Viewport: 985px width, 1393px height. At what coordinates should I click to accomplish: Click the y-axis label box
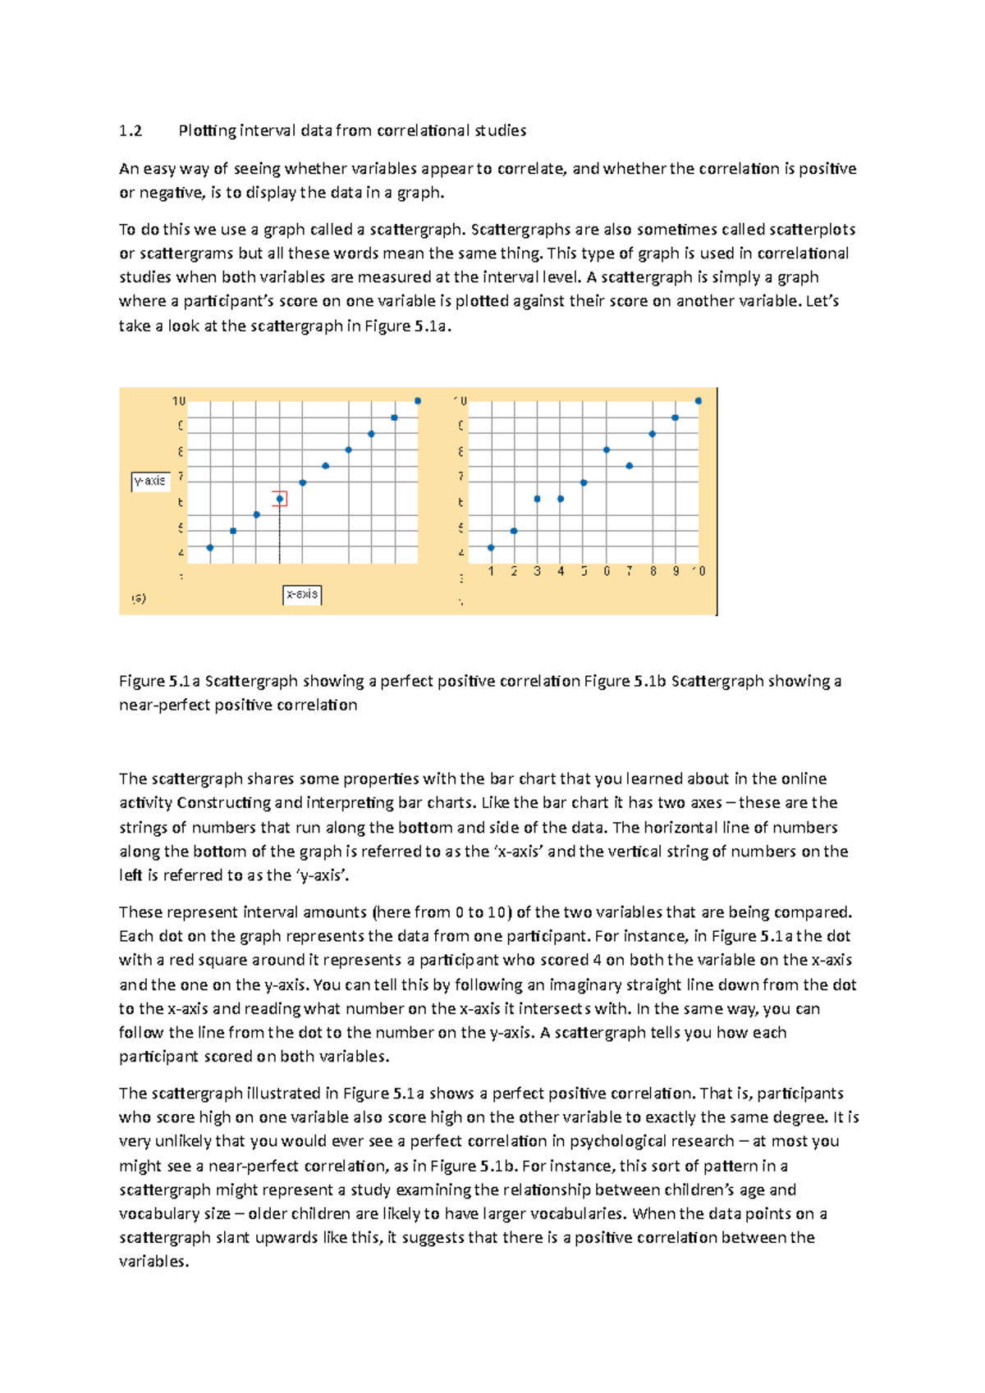pyautogui.click(x=150, y=481)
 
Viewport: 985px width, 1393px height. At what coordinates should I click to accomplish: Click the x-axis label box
pyautogui.click(x=302, y=594)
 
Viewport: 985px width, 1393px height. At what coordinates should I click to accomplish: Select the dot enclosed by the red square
pyautogui.click(x=280, y=499)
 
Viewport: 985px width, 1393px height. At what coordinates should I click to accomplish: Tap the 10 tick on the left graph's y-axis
pyautogui.click(x=179, y=401)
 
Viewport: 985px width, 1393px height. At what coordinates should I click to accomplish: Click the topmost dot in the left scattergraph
pyautogui.click(x=418, y=401)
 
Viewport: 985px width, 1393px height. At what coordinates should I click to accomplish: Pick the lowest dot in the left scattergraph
pyautogui.click(x=210, y=548)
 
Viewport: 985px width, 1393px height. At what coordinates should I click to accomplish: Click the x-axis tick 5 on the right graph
pyautogui.click(x=584, y=571)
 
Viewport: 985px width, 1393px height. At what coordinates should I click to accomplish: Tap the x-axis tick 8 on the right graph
pyautogui.click(x=653, y=571)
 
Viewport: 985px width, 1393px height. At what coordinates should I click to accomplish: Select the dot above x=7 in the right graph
pyautogui.click(x=630, y=466)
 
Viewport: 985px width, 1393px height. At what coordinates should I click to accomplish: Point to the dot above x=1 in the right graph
pyautogui.click(x=491, y=548)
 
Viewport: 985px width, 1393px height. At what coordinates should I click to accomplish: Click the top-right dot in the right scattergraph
pyautogui.click(x=699, y=401)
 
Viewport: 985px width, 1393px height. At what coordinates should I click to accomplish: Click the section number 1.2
pyautogui.click(x=131, y=131)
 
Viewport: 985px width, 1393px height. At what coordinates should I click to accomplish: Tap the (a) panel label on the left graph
pyautogui.click(x=139, y=598)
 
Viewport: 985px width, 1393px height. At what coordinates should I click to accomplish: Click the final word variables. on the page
pyautogui.click(x=153, y=1262)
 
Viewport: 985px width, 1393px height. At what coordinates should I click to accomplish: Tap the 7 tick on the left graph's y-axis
pyautogui.click(x=181, y=477)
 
